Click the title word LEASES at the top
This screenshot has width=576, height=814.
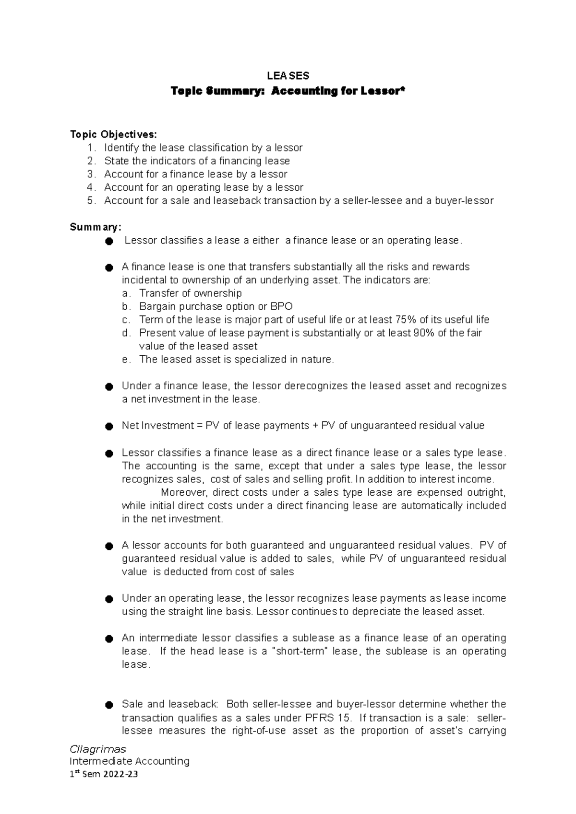point(288,76)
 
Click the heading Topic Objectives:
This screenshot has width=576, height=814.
point(113,134)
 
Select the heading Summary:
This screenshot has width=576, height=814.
point(96,227)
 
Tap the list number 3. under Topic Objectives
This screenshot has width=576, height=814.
point(91,174)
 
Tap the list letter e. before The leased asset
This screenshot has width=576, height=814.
point(126,360)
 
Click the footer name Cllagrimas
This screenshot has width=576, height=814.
point(98,749)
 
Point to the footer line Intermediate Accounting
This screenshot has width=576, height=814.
point(130,761)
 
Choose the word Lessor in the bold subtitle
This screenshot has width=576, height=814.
point(380,91)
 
